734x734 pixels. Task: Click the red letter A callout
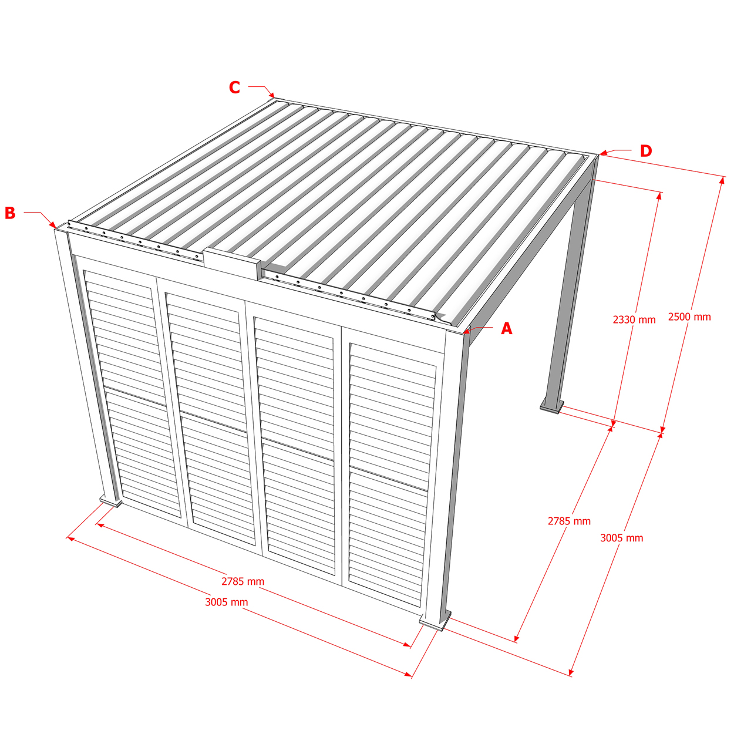(x=506, y=328)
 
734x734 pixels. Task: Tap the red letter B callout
(x=11, y=213)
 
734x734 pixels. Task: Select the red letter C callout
(x=234, y=87)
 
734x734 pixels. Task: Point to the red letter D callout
(x=646, y=151)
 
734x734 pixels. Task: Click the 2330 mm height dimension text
(x=634, y=319)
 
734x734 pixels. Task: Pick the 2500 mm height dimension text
(x=689, y=317)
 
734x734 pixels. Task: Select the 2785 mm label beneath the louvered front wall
(x=243, y=582)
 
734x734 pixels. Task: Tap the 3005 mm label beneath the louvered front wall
(x=226, y=602)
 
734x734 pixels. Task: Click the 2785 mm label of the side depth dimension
(x=569, y=521)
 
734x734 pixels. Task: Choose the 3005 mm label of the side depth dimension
(x=622, y=538)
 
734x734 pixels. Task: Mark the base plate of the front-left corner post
(x=110, y=501)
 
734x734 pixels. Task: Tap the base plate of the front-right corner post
(x=435, y=622)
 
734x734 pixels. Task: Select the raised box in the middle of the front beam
(x=231, y=264)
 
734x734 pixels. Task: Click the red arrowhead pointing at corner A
(x=466, y=331)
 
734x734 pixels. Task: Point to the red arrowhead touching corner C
(x=271, y=95)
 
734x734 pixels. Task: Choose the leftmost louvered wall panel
(x=132, y=394)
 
